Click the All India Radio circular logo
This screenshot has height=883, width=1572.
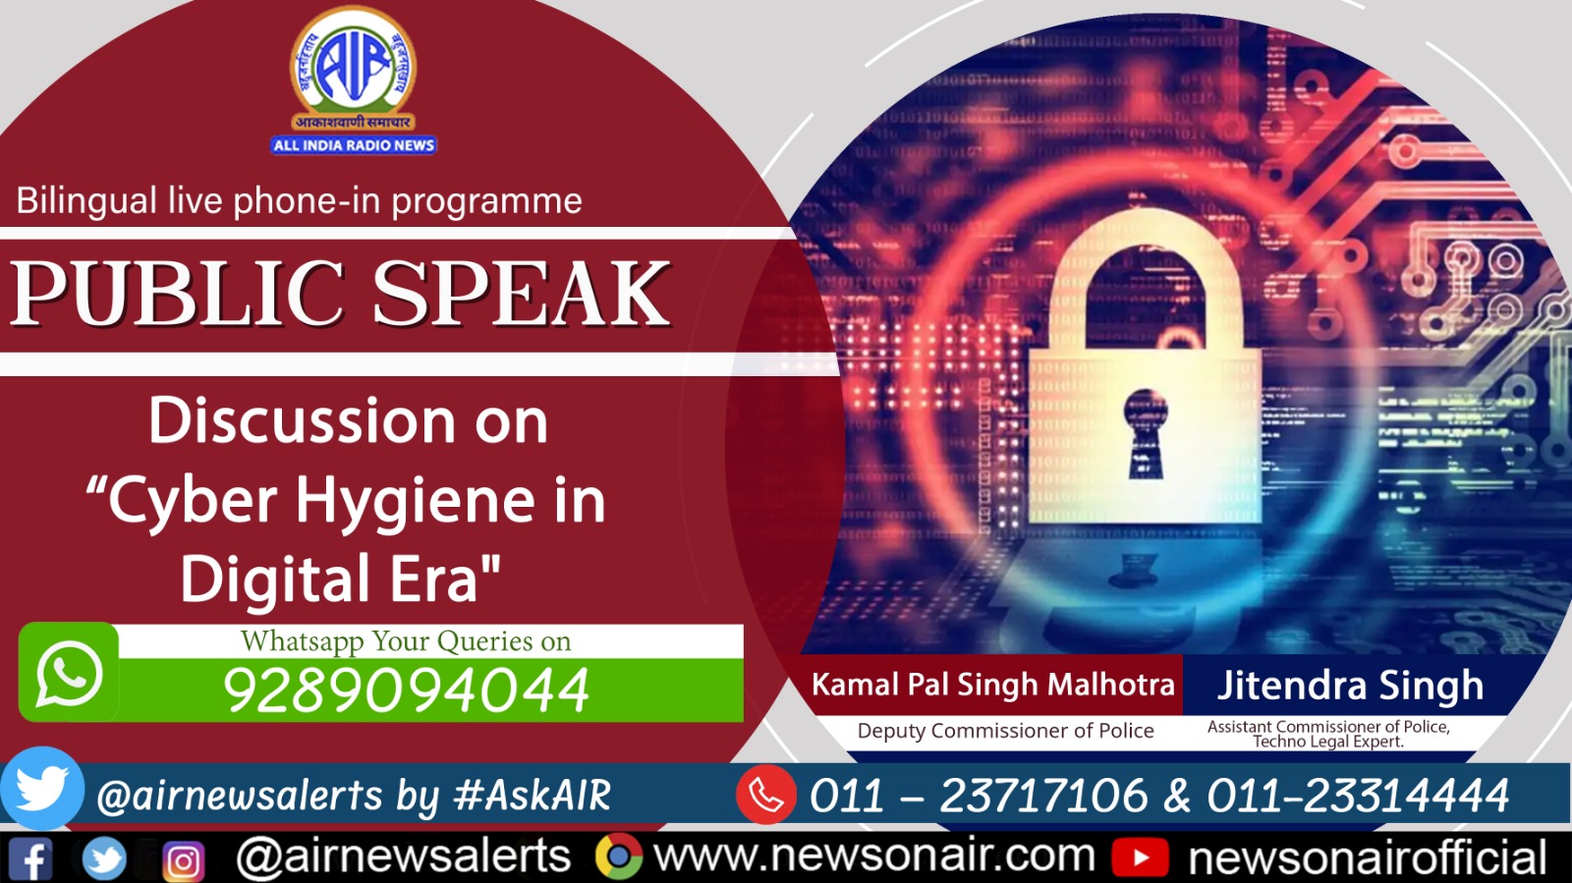[x=353, y=64]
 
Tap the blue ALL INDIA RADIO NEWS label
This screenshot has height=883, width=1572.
[x=354, y=145]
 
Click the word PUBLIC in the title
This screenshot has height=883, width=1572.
[x=178, y=294]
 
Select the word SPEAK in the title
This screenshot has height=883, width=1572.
[x=522, y=294]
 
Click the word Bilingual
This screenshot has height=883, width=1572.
[x=86, y=201]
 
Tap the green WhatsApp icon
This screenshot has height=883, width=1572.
[x=69, y=673]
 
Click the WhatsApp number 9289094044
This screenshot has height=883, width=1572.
[x=406, y=690]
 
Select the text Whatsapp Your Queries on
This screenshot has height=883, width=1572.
[x=406, y=641]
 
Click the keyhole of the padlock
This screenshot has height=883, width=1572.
[x=1145, y=432]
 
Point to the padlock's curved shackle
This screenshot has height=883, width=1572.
[x=1146, y=265]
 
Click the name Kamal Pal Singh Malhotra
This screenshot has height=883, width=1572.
[x=992, y=685]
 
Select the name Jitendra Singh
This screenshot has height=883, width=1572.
[x=1350, y=685]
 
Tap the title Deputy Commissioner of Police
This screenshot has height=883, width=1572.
[x=1005, y=731]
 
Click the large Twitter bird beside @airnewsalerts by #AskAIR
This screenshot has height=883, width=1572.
[x=42, y=789]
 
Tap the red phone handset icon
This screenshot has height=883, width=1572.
[x=766, y=795]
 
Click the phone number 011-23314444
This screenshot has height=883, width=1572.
[x=1358, y=796]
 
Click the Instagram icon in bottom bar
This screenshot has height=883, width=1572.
[x=183, y=861]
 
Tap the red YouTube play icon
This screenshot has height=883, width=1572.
[x=1140, y=857]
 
